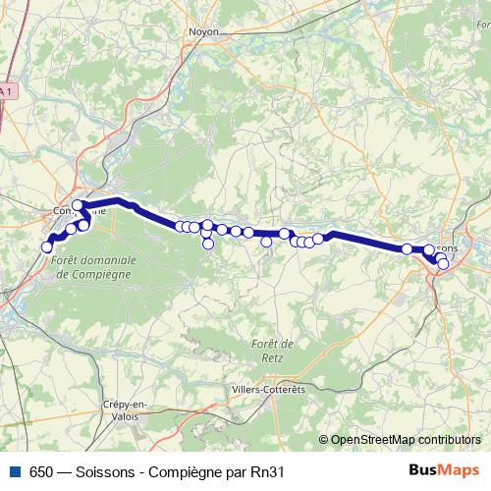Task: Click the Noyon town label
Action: (x=202, y=31)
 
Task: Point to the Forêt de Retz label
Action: (x=274, y=350)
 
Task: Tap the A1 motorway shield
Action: (x=6, y=91)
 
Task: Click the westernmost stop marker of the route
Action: (x=46, y=247)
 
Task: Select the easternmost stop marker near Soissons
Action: (x=443, y=263)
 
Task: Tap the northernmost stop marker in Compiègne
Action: (x=78, y=205)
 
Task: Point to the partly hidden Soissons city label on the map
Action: (x=447, y=248)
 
